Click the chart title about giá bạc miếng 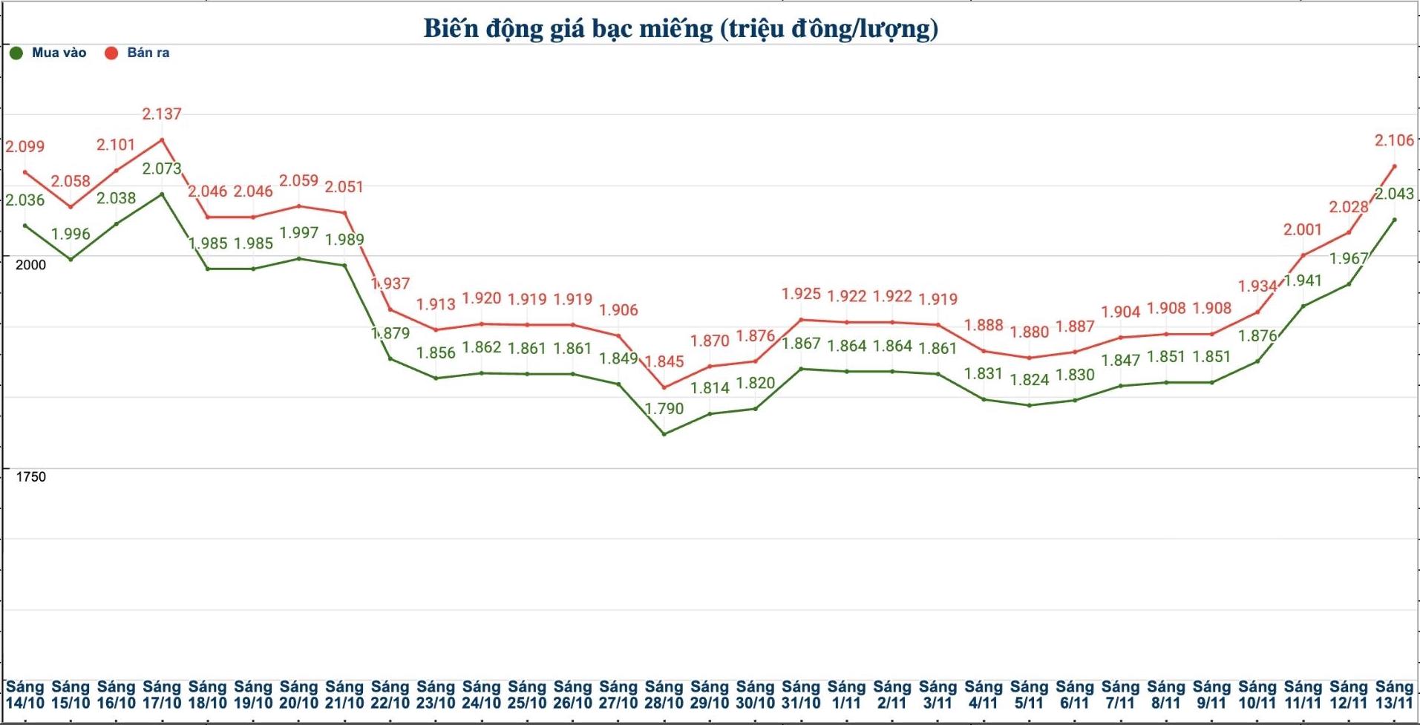(681, 28)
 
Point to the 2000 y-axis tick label (30, 265)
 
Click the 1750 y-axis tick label (30, 477)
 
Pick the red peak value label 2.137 (162, 114)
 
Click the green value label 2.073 (162, 168)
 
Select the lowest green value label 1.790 (664, 408)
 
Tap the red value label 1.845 (664, 361)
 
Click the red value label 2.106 (1394, 140)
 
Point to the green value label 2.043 (1394, 194)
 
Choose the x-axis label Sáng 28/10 (664, 695)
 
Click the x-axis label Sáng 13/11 (1394, 695)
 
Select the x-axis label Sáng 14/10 (25, 695)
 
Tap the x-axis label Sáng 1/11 (846, 695)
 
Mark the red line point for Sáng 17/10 (162, 140)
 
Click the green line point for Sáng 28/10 (664, 433)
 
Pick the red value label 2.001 (1303, 230)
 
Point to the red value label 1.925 (801, 294)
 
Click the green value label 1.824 (1029, 379)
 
